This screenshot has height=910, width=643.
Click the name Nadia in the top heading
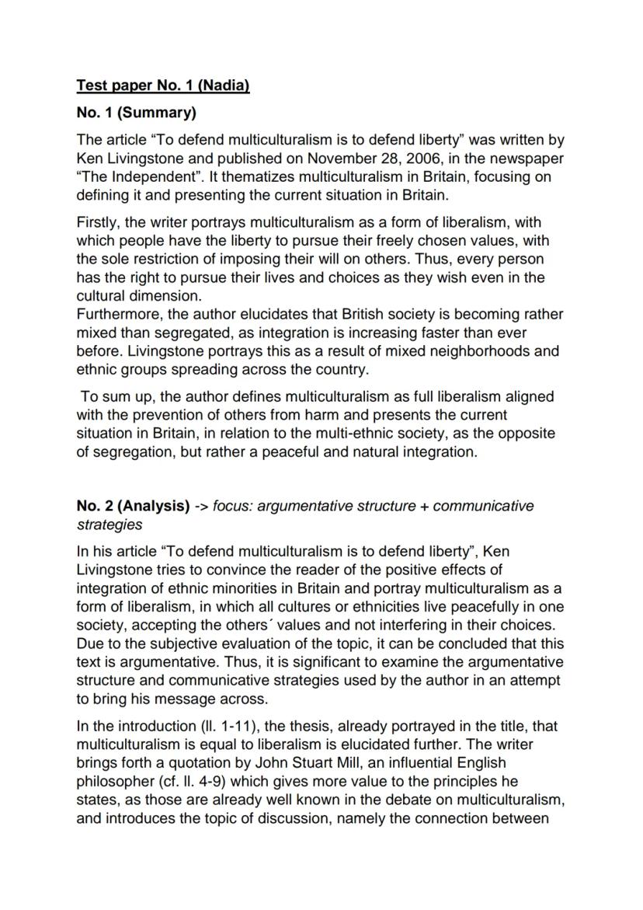(227, 85)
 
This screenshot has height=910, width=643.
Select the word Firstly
(99, 223)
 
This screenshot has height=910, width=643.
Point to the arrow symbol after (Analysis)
(201, 507)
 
